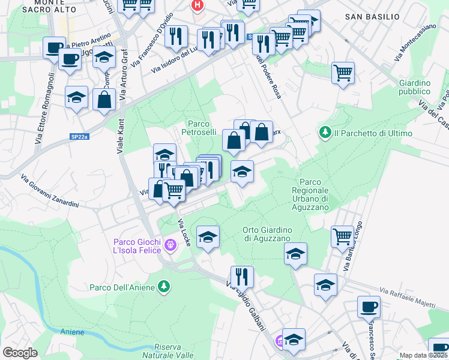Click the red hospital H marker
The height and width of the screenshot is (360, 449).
tap(197, 5)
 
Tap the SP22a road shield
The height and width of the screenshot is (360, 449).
tap(79, 137)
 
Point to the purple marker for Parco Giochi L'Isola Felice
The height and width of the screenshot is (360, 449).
tap(170, 245)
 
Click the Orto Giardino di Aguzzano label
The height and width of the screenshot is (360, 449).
tap(267, 235)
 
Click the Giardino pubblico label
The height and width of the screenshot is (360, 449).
tap(415, 87)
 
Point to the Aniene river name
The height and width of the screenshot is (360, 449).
tap(73, 332)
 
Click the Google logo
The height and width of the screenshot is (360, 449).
tap(20, 352)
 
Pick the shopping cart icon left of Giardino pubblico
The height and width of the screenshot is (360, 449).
tap(343, 73)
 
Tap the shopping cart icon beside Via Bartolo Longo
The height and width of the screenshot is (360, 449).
tap(342, 235)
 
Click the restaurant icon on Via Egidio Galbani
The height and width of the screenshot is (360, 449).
tap(242, 276)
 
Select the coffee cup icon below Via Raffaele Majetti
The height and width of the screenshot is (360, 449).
tap(369, 307)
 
